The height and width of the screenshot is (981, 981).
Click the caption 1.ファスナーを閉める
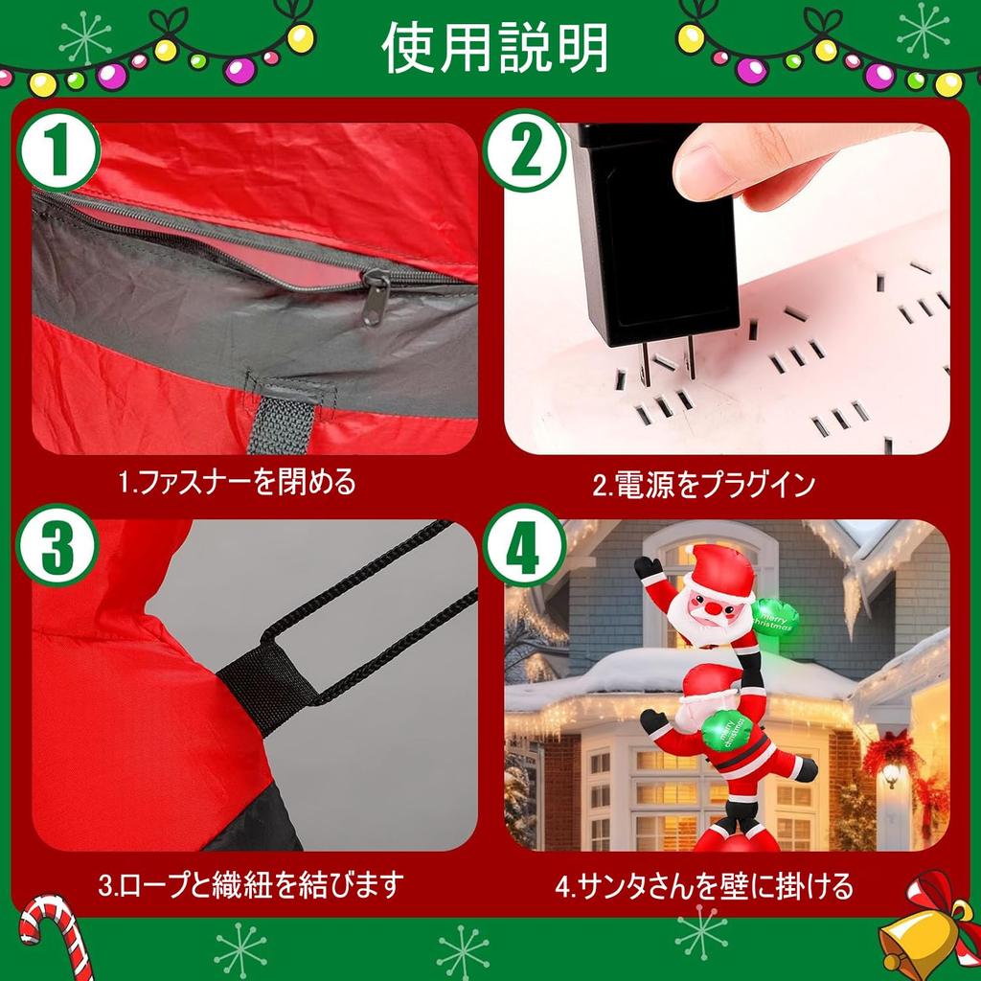(237, 482)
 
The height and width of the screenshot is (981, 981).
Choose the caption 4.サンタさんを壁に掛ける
(704, 883)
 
